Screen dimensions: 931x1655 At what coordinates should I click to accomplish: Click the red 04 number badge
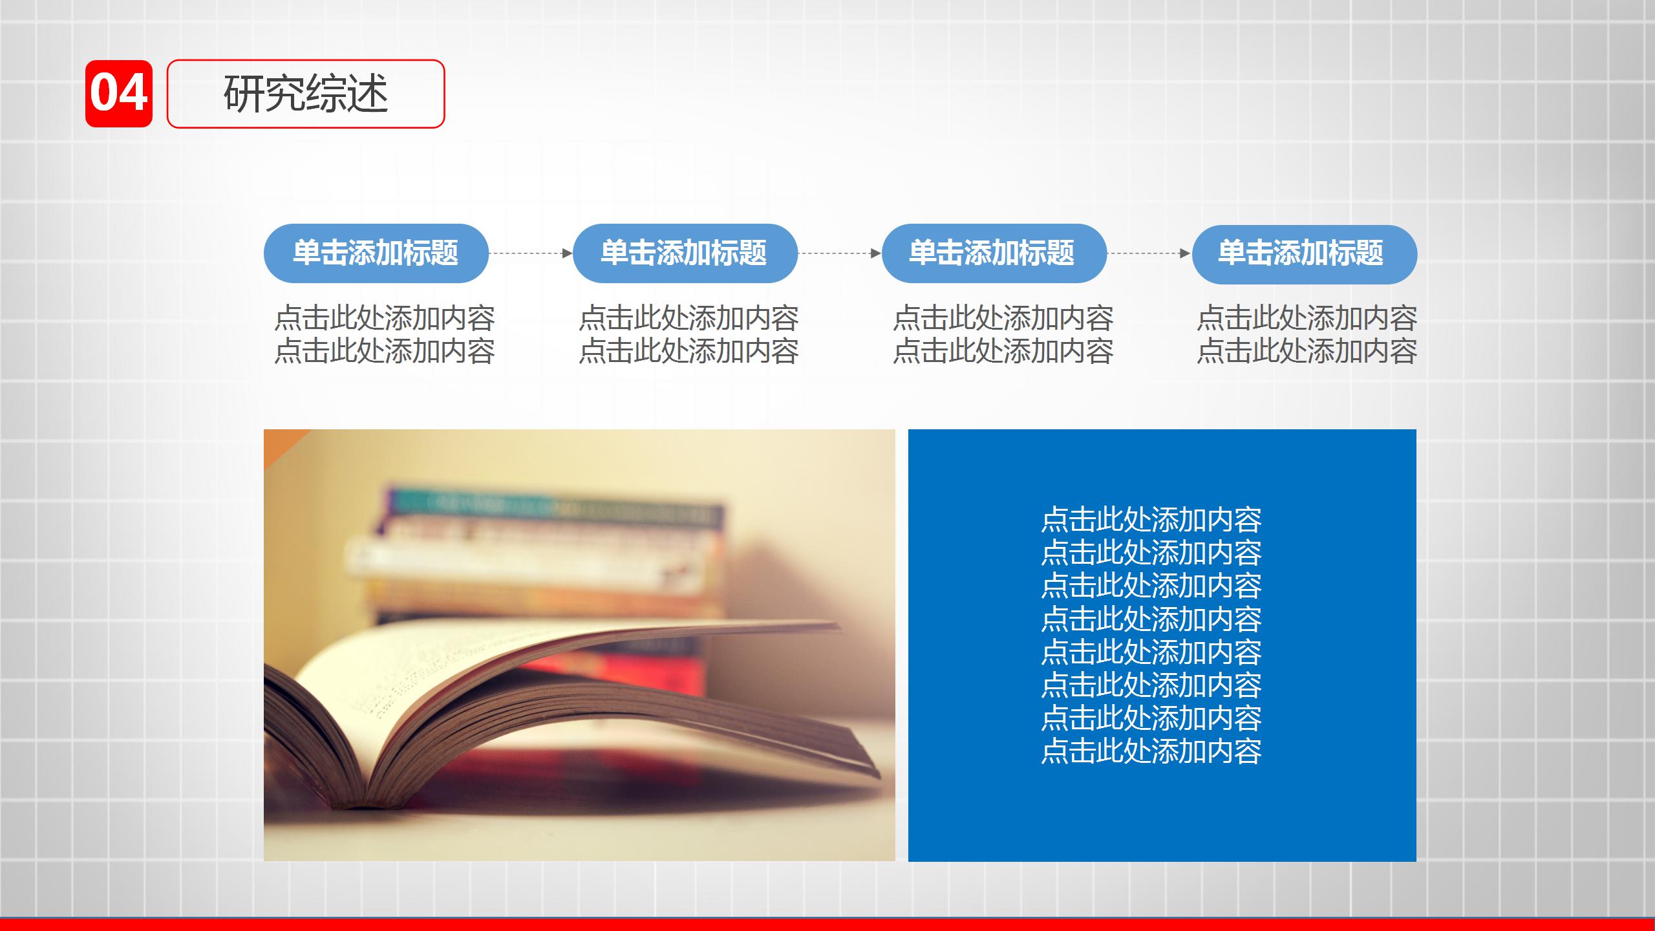click(119, 94)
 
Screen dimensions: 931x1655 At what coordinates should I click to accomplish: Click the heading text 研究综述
click(305, 94)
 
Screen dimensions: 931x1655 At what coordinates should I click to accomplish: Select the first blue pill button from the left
click(376, 253)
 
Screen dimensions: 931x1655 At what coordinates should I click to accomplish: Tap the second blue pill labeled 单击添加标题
click(685, 253)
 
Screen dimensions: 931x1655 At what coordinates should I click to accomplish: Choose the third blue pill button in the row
click(994, 253)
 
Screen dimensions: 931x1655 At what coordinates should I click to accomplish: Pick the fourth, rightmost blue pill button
click(1304, 254)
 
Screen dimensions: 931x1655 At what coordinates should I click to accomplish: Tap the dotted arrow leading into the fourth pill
click(1148, 253)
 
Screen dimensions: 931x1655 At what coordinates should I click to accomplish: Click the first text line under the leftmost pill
click(385, 318)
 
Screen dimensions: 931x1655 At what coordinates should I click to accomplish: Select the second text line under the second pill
click(689, 351)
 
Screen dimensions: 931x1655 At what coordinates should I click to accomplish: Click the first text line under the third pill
click(1003, 318)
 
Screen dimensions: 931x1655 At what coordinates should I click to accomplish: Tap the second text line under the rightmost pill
click(1307, 351)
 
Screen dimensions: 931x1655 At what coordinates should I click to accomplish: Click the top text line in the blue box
click(1151, 520)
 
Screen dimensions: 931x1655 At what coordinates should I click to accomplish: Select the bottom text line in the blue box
click(1151, 751)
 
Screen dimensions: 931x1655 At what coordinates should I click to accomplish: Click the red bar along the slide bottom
click(827, 925)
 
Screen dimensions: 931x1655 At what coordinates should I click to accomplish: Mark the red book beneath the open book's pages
click(646, 672)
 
